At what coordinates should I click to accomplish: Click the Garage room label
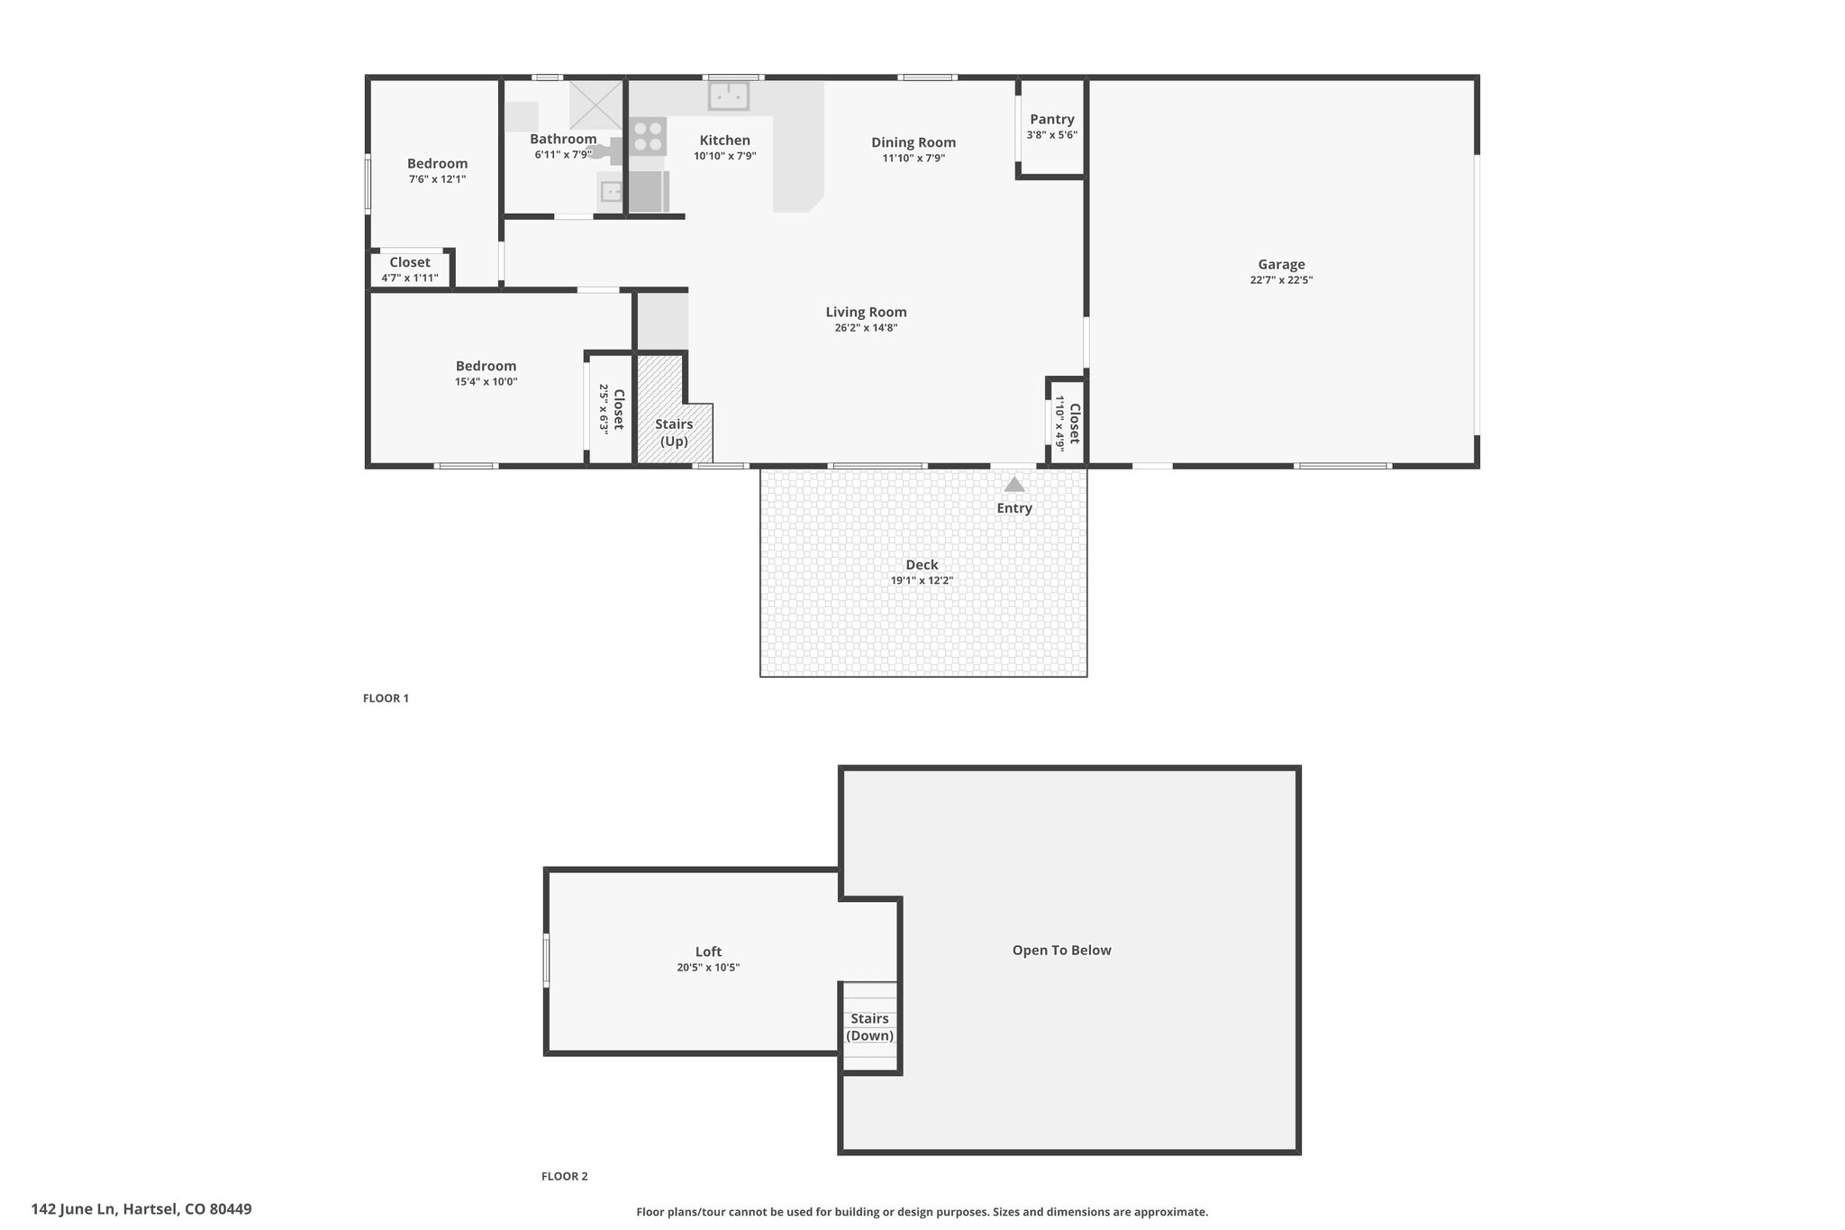click(x=1281, y=264)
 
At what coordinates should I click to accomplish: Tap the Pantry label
click(x=1052, y=119)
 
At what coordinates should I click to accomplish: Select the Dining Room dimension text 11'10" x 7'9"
click(x=913, y=158)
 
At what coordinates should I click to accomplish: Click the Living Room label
click(x=866, y=312)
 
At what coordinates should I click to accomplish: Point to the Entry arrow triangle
click(x=1014, y=484)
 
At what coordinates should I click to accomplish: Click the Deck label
click(x=922, y=565)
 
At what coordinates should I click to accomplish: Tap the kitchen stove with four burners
click(x=648, y=136)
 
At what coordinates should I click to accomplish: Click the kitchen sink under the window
click(x=729, y=95)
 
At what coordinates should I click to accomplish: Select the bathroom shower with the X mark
click(x=595, y=105)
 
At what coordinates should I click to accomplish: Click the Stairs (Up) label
click(x=674, y=433)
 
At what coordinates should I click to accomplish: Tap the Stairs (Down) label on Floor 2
click(x=870, y=1027)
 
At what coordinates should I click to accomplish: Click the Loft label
click(x=708, y=952)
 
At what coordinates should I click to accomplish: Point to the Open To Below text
click(x=1061, y=950)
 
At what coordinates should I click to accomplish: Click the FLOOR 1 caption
click(x=386, y=697)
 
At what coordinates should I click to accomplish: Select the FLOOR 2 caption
click(x=564, y=1176)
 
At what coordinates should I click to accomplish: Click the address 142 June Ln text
click(x=74, y=1209)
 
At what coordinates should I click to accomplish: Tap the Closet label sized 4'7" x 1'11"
click(x=410, y=262)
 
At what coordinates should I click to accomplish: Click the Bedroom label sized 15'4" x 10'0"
click(x=486, y=366)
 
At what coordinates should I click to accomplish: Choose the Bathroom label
click(x=563, y=139)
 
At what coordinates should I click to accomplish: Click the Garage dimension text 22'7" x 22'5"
click(x=1281, y=280)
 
